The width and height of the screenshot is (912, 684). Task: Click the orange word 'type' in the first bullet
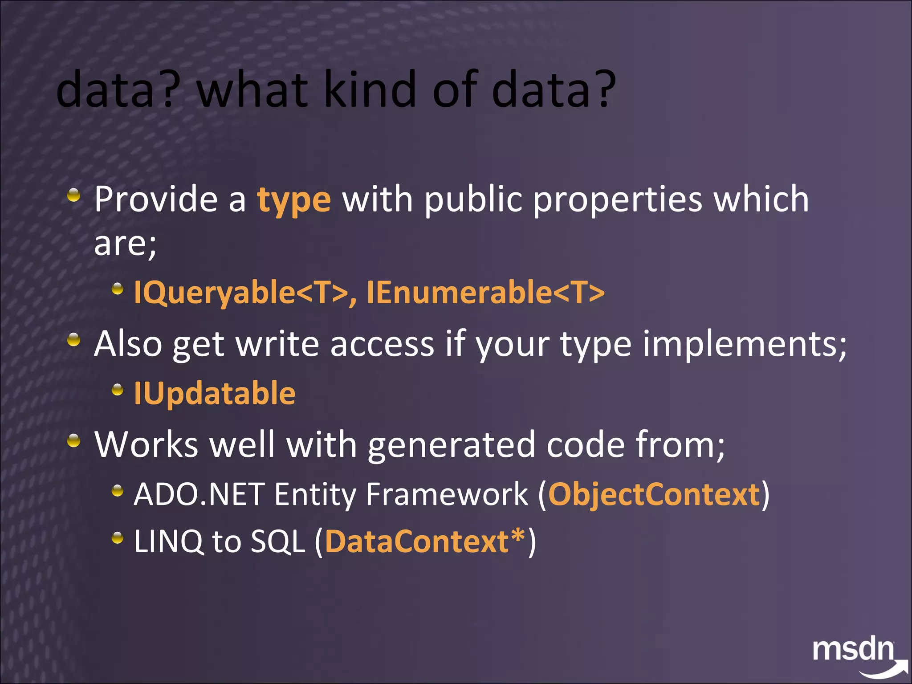294,200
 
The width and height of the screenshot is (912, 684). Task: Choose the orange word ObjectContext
654,494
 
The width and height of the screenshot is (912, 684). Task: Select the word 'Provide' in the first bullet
156,199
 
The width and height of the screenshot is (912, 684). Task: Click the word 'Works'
146,444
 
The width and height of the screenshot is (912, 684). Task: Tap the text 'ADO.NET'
199,494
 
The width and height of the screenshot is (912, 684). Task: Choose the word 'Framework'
447,494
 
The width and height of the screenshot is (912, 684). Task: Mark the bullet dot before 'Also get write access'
74,341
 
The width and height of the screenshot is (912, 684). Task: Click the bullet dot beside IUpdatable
117,391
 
